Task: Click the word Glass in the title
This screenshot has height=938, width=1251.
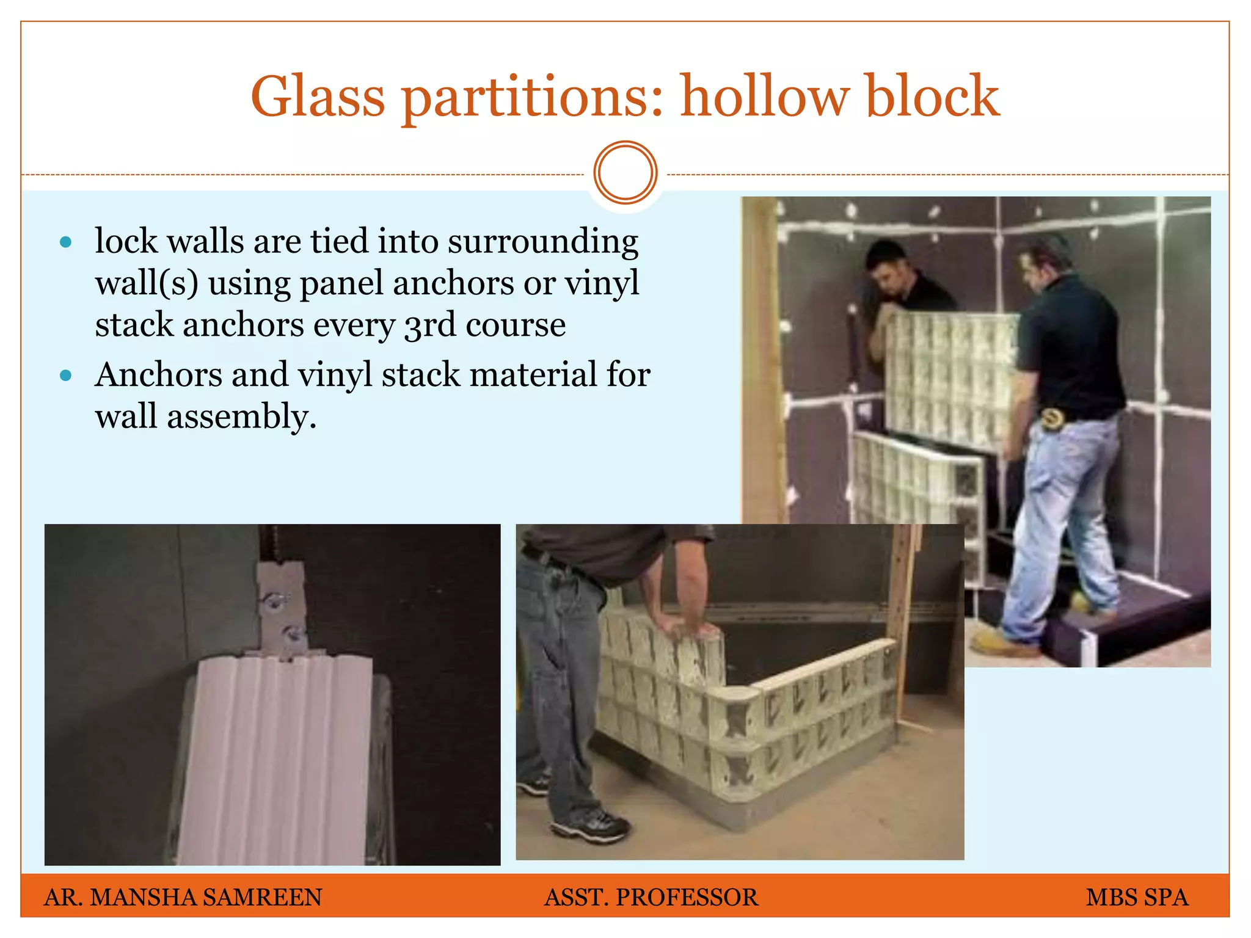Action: pyautogui.click(x=318, y=96)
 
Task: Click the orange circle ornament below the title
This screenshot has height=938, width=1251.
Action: pyautogui.click(x=625, y=172)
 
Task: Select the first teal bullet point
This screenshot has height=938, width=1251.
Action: pyautogui.click(x=66, y=242)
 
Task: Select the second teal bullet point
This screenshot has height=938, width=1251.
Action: pyautogui.click(x=66, y=375)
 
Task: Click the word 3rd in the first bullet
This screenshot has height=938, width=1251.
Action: pyautogui.click(x=429, y=324)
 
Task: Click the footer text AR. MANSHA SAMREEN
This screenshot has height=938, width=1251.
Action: pyautogui.click(x=183, y=897)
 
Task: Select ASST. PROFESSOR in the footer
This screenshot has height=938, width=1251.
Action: pyautogui.click(x=651, y=897)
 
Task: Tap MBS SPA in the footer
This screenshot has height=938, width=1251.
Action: pyautogui.click(x=1137, y=897)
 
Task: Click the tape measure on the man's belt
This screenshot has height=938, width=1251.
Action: pyautogui.click(x=1052, y=419)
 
